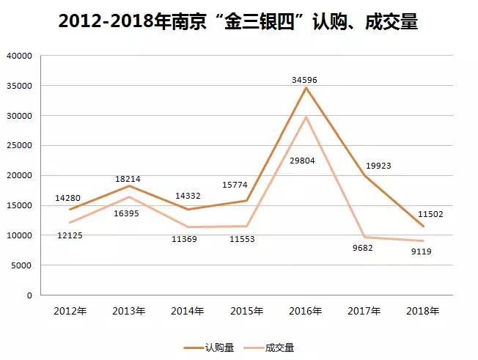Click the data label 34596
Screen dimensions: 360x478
[306, 79]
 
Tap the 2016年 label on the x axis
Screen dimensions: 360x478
[306, 312]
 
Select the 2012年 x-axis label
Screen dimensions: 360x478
[70, 312]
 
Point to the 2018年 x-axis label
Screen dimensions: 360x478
[423, 312]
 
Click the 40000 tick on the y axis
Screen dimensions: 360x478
[20, 56]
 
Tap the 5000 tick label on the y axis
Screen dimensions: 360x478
[22, 265]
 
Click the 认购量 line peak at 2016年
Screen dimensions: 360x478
[306, 88]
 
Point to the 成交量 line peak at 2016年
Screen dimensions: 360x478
[306, 117]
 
